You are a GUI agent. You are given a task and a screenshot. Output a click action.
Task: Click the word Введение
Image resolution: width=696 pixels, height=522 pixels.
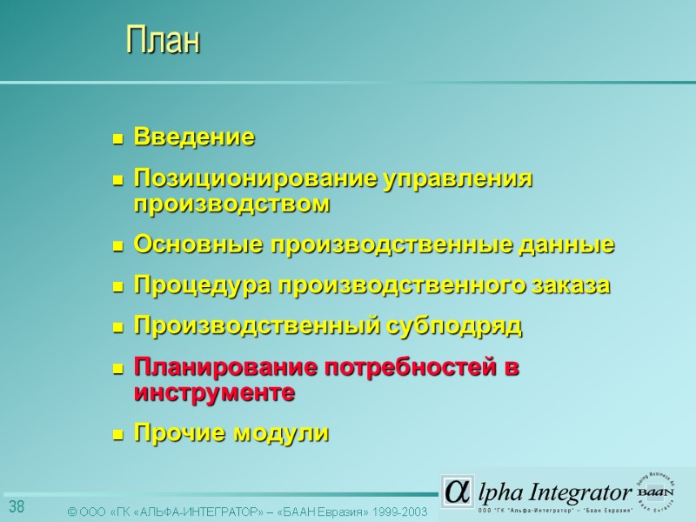pyautogui.click(x=194, y=137)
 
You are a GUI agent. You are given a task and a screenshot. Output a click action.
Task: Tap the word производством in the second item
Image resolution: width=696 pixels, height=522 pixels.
pyautogui.click(x=232, y=204)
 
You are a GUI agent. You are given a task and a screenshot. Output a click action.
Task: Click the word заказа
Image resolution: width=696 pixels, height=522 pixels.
pyautogui.click(x=571, y=285)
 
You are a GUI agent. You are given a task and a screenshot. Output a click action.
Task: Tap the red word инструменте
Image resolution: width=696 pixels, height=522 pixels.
pyautogui.click(x=214, y=392)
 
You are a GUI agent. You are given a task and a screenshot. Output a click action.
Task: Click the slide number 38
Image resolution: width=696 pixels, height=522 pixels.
pyautogui.click(x=17, y=506)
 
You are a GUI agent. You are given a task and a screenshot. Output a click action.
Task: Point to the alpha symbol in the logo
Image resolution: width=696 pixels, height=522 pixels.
pyautogui.click(x=455, y=490)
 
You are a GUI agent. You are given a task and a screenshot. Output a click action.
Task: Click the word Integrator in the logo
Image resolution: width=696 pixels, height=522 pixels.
pyautogui.click(x=581, y=492)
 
